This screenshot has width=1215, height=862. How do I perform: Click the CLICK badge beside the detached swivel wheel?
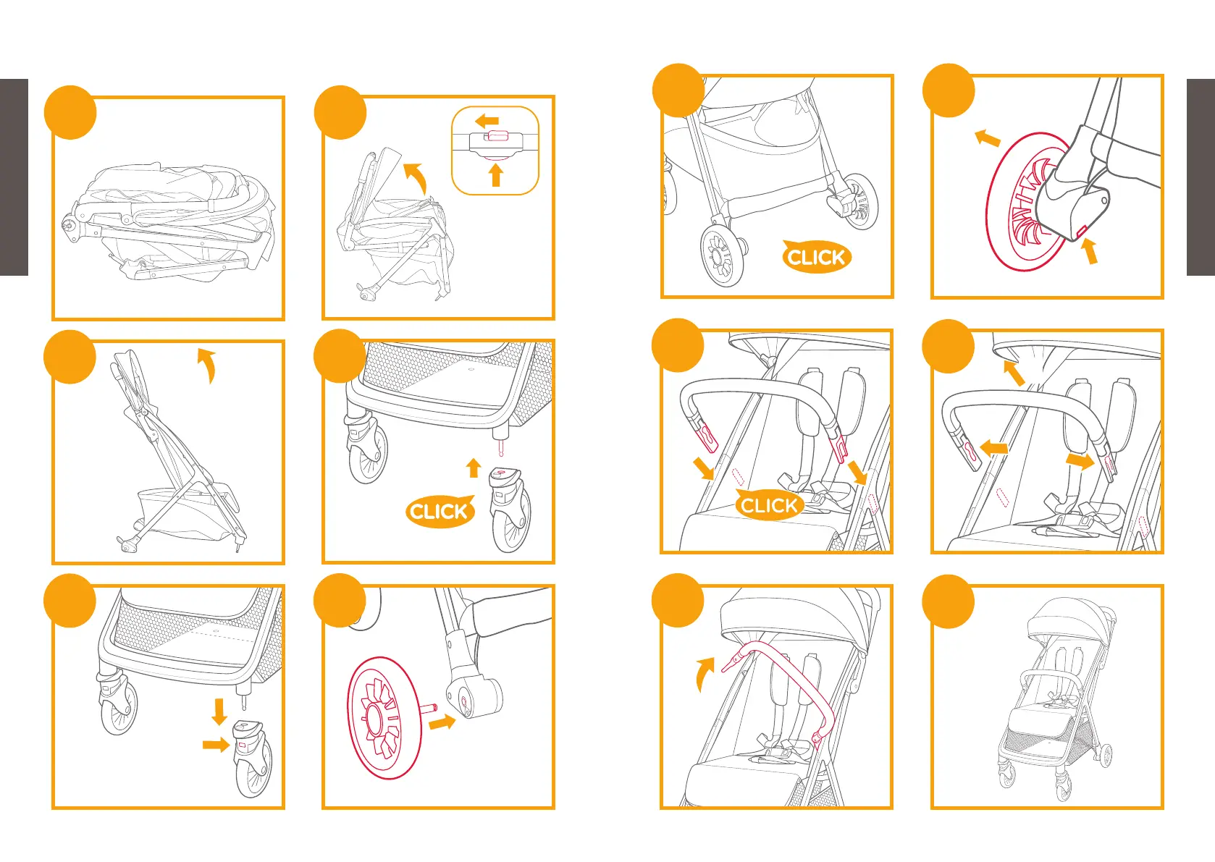439,512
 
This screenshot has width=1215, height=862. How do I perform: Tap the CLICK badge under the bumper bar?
769,505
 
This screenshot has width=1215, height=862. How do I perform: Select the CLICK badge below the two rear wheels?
816,257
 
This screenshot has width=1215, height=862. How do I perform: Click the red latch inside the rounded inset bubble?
497,136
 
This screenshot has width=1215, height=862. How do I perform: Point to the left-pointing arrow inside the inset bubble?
487,120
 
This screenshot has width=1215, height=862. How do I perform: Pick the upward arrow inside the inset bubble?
496,175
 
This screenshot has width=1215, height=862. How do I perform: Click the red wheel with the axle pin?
384,718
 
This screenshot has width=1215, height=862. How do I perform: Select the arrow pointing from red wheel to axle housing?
442,722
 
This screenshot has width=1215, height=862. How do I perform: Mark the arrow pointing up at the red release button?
1090,251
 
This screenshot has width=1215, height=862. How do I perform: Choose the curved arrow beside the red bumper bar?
704,674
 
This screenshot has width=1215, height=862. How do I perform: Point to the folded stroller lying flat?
170,221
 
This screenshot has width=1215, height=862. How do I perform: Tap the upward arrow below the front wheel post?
474,468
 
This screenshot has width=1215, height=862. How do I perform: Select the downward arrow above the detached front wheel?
219,711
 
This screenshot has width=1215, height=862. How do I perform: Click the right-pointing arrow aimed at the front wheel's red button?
216,744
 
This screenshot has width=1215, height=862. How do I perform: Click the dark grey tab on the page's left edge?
14,177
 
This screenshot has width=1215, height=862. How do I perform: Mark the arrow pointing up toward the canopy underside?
1014,373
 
